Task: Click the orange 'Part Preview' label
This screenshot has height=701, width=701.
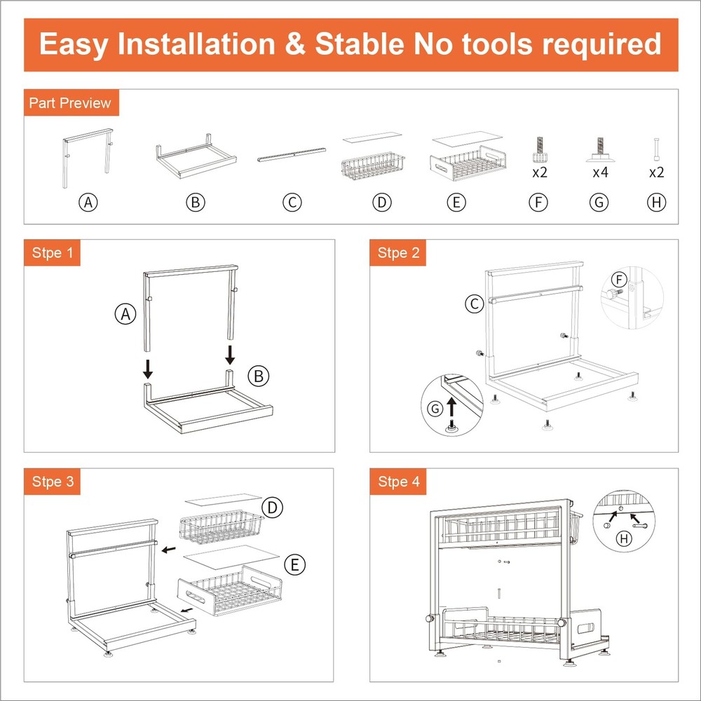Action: [69, 103]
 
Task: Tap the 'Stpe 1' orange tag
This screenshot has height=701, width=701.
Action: [52, 252]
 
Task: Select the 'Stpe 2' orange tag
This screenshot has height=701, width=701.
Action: [398, 252]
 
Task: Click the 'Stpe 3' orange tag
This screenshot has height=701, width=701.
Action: [52, 482]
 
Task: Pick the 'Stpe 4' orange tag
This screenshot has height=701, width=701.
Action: [398, 482]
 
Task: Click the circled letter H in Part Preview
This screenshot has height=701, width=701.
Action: [656, 203]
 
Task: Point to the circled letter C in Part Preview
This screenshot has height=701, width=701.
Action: [292, 203]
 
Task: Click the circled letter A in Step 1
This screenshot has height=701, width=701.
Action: [125, 315]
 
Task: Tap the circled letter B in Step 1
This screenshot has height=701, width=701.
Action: [259, 376]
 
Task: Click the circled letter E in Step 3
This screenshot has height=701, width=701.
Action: [294, 564]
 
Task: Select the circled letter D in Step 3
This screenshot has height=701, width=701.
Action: [271, 507]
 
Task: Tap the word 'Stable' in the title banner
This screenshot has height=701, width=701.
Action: [360, 44]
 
